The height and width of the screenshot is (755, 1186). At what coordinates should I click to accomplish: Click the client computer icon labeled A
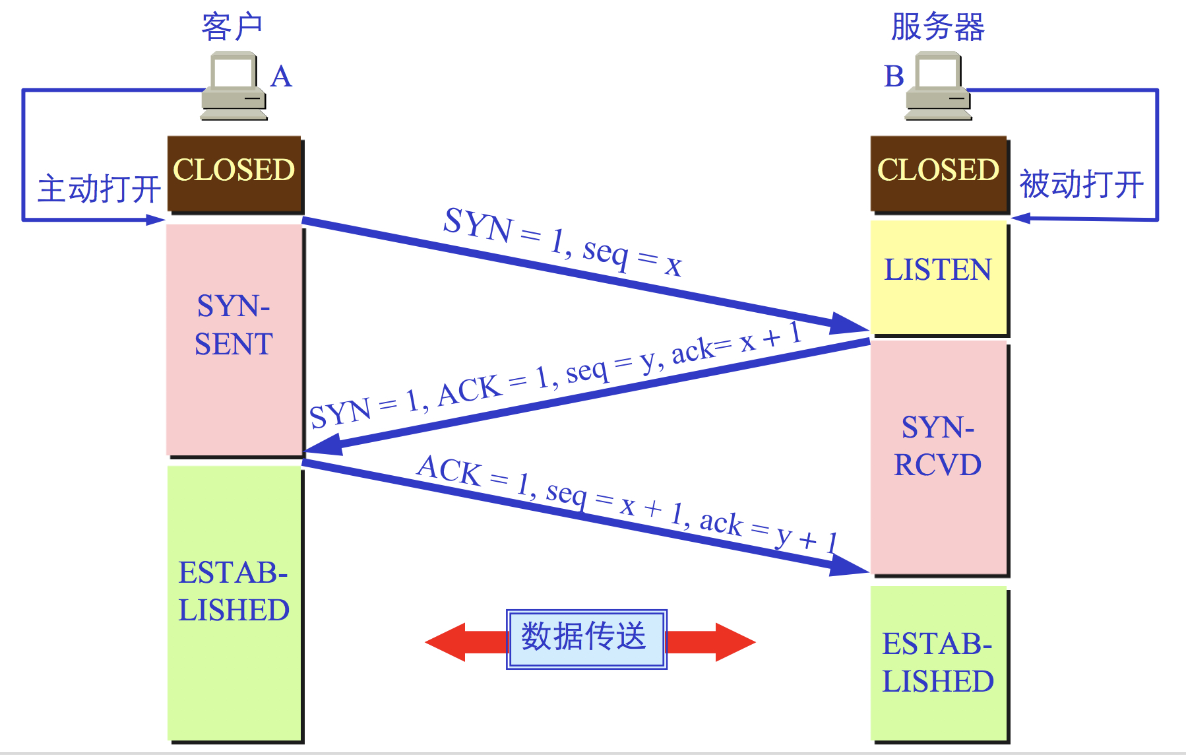coord(234,86)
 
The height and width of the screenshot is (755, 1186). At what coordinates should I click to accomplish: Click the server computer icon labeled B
coord(938,86)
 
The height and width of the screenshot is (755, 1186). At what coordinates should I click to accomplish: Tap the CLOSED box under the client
coord(234,174)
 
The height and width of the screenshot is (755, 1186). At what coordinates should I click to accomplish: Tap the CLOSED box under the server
coord(938,174)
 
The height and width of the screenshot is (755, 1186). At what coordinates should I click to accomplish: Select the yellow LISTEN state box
coord(938,277)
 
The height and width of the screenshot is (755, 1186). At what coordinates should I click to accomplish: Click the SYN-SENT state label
coord(234,325)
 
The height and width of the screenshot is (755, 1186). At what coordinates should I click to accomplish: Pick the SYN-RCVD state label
coord(937,446)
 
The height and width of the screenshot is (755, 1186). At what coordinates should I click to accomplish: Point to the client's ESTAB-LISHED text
coord(234,591)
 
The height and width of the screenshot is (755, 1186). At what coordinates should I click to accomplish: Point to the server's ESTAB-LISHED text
coord(937,663)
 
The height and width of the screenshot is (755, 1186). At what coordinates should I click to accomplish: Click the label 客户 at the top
coord(232,27)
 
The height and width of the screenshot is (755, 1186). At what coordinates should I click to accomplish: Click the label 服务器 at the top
coord(937,27)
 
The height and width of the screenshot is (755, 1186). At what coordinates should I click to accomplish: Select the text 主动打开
coord(99,189)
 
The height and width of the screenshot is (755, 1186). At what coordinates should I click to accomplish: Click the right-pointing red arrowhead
coord(733,641)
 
